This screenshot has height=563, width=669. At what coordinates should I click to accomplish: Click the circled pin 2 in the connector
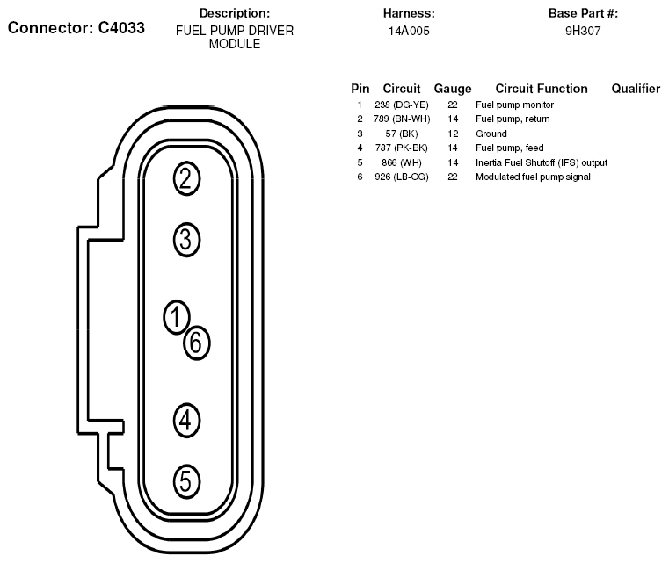186,178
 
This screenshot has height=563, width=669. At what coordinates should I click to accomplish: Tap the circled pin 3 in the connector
186,240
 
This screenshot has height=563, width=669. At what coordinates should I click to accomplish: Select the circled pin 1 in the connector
176,317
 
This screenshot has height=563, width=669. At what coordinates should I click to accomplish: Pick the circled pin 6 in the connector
197,343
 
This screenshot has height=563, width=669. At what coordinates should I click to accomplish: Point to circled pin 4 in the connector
186,420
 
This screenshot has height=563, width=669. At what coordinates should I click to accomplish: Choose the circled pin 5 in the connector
186,481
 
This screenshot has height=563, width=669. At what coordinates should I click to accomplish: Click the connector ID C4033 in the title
121,28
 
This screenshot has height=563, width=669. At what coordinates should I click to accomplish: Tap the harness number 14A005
409,31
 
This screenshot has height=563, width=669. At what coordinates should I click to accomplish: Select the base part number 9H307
583,31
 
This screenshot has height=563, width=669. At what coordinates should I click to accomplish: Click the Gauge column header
453,89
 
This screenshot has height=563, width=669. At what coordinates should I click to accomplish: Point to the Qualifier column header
636,88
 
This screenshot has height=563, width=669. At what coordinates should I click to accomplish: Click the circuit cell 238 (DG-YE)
402,105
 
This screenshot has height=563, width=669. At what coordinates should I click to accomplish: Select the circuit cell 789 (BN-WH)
402,119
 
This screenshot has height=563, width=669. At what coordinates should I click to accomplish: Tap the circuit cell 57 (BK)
402,134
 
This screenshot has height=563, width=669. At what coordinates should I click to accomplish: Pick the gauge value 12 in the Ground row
453,134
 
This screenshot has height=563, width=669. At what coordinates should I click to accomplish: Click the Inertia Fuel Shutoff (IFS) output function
542,162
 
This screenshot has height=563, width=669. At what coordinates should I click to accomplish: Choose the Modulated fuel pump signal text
533,177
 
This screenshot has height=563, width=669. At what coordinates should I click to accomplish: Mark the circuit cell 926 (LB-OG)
402,177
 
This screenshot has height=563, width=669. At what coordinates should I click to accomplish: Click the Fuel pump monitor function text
514,105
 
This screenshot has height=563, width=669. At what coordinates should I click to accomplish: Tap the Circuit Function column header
542,88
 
